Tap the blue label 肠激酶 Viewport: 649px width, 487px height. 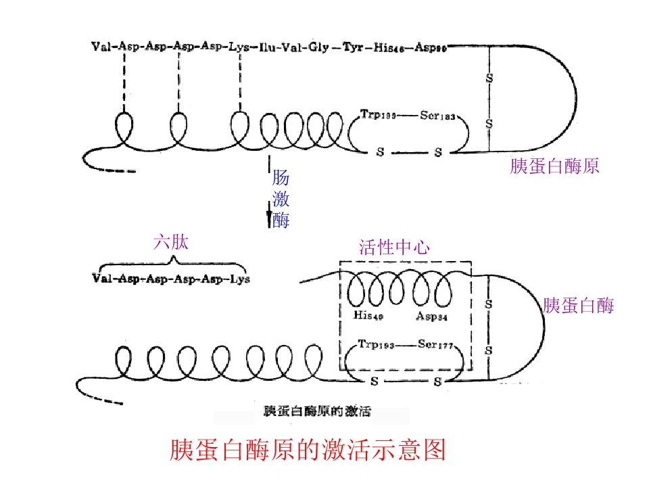point(281,200)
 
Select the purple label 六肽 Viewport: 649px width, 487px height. point(170,243)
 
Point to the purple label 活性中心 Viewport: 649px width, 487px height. point(394,248)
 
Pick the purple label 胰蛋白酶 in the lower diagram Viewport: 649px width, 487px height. point(578,306)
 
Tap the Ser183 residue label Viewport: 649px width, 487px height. point(439,116)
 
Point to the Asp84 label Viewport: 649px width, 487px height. point(432,315)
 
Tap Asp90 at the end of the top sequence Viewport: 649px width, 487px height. point(431,47)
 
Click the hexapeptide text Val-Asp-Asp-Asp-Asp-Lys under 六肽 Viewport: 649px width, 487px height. point(170,279)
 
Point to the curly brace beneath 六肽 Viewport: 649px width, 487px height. point(170,264)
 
